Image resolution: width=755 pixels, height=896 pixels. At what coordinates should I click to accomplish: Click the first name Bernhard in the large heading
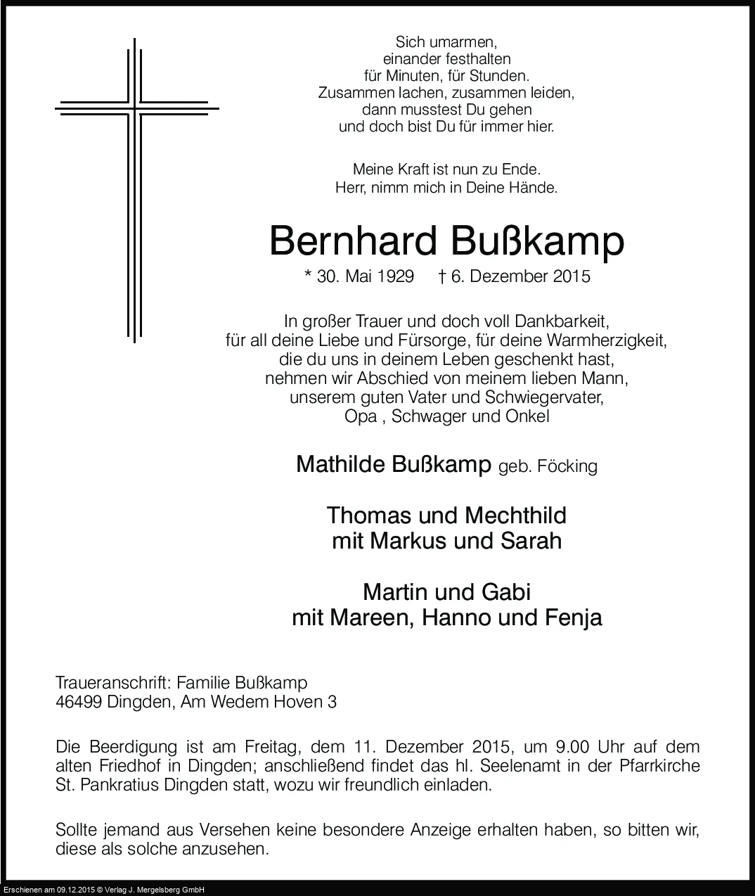(x=352, y=241)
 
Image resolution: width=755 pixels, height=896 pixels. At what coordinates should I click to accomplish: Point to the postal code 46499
(x=79, y=701)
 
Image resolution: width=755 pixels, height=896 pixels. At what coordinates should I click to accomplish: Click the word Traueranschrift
(x=112, y=683)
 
